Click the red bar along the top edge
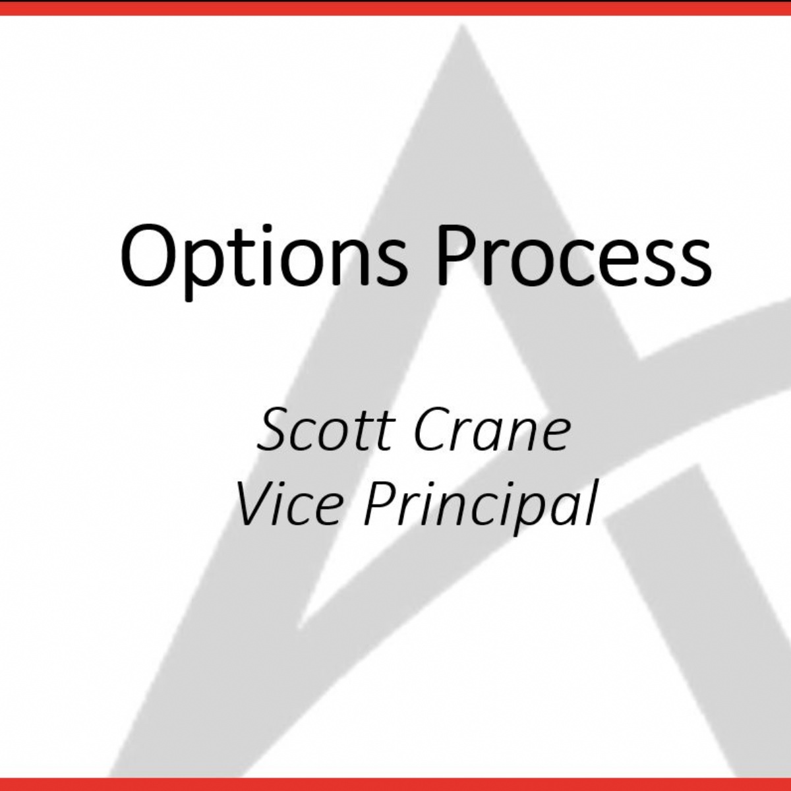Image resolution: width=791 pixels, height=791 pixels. coord(395,7)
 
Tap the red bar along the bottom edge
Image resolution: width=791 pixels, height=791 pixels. coord(395,784)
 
